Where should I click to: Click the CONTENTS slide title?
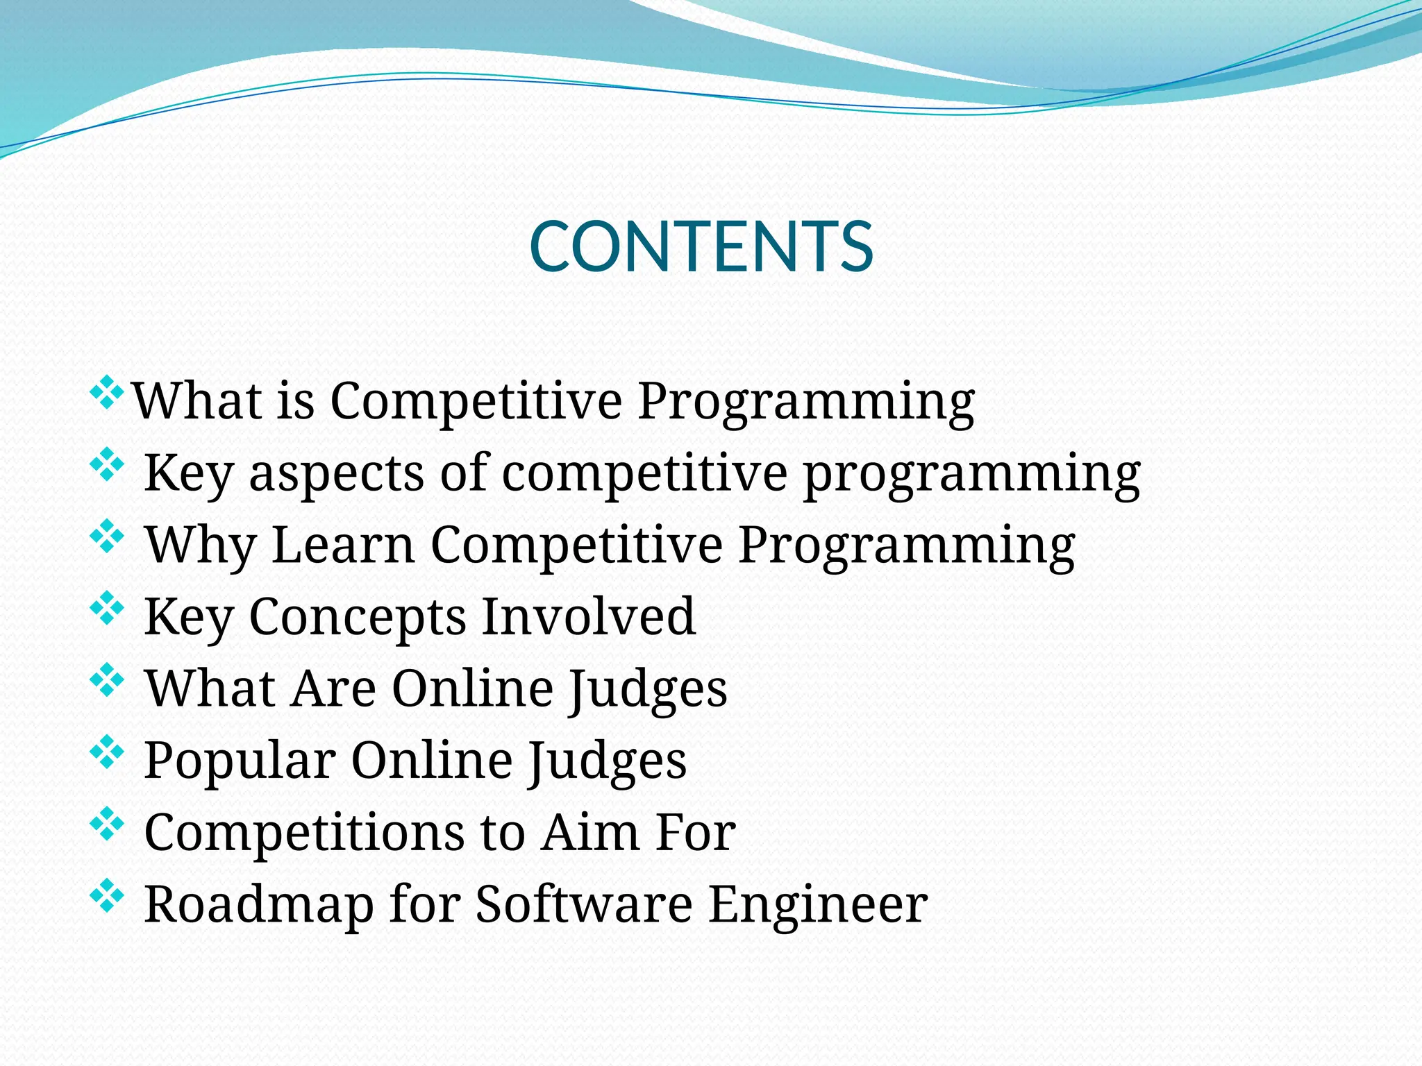point(701,246)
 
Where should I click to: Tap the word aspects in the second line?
point(336,474)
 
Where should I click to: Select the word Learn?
point(343,545)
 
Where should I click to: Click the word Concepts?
point(357,617)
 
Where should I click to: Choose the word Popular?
point(240,761)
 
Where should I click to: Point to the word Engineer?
point(817,906)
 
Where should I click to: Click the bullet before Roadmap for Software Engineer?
point(107,895)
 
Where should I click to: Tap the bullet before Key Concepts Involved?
point(107,607)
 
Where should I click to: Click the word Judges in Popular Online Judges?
point(605,761)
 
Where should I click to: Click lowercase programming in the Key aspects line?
point(971,474)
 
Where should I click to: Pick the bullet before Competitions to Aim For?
point(107,823)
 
